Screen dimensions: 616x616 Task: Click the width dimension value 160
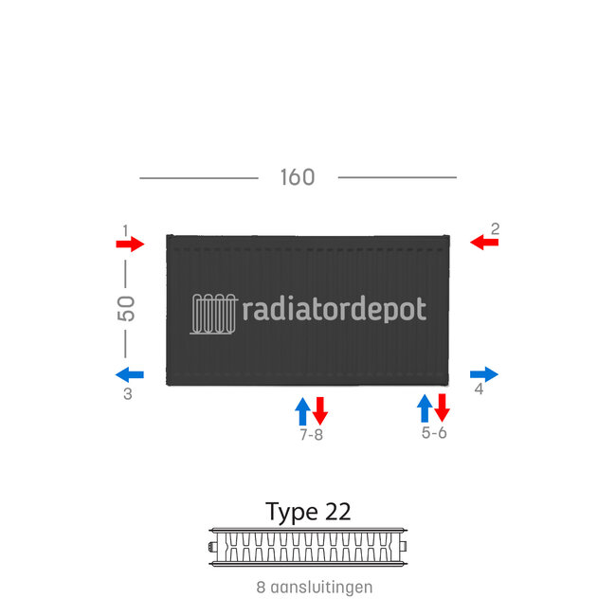(297, 177)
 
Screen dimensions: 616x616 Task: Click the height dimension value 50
(126, 308)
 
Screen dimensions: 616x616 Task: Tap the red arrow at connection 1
(130, 245)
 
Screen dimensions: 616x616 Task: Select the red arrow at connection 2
(484, 243)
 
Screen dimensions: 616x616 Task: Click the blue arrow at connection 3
(130, 373)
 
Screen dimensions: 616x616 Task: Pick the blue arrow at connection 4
(483, 373)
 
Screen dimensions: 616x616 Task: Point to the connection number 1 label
(125, 229)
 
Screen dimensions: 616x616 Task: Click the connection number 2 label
(495, 228)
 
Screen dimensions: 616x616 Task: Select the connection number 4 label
(479, 390)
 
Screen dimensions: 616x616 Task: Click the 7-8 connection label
(311, 435)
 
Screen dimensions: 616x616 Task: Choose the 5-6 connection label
(434, 433)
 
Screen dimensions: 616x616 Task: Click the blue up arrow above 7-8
(302, 410)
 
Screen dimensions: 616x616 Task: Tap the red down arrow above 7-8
(320, 410)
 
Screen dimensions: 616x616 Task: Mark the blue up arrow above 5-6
(425, 408)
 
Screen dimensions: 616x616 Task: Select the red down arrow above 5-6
(442, 408)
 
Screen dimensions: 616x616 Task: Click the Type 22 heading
(308, 512)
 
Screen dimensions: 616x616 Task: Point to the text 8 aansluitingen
(314, 588)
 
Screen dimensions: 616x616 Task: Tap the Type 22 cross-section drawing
(308, 547)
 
